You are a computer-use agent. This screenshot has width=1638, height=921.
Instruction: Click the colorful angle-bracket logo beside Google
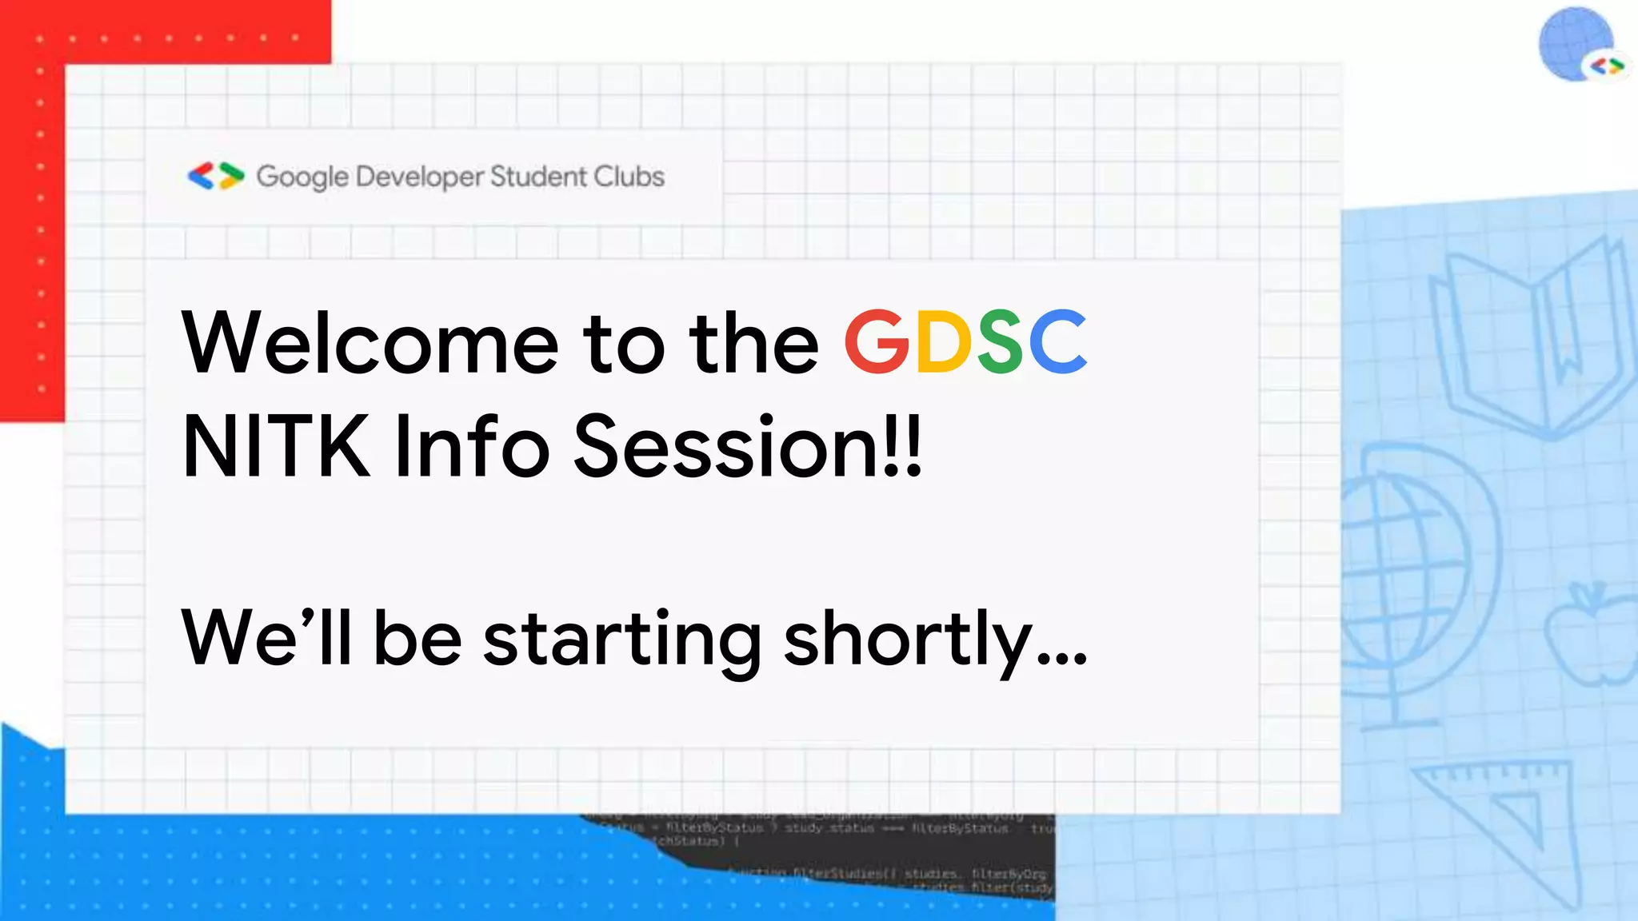[215, 176]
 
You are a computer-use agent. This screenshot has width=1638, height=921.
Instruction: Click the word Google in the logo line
[302, 177]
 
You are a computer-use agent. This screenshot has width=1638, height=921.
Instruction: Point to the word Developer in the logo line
[420, 177]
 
